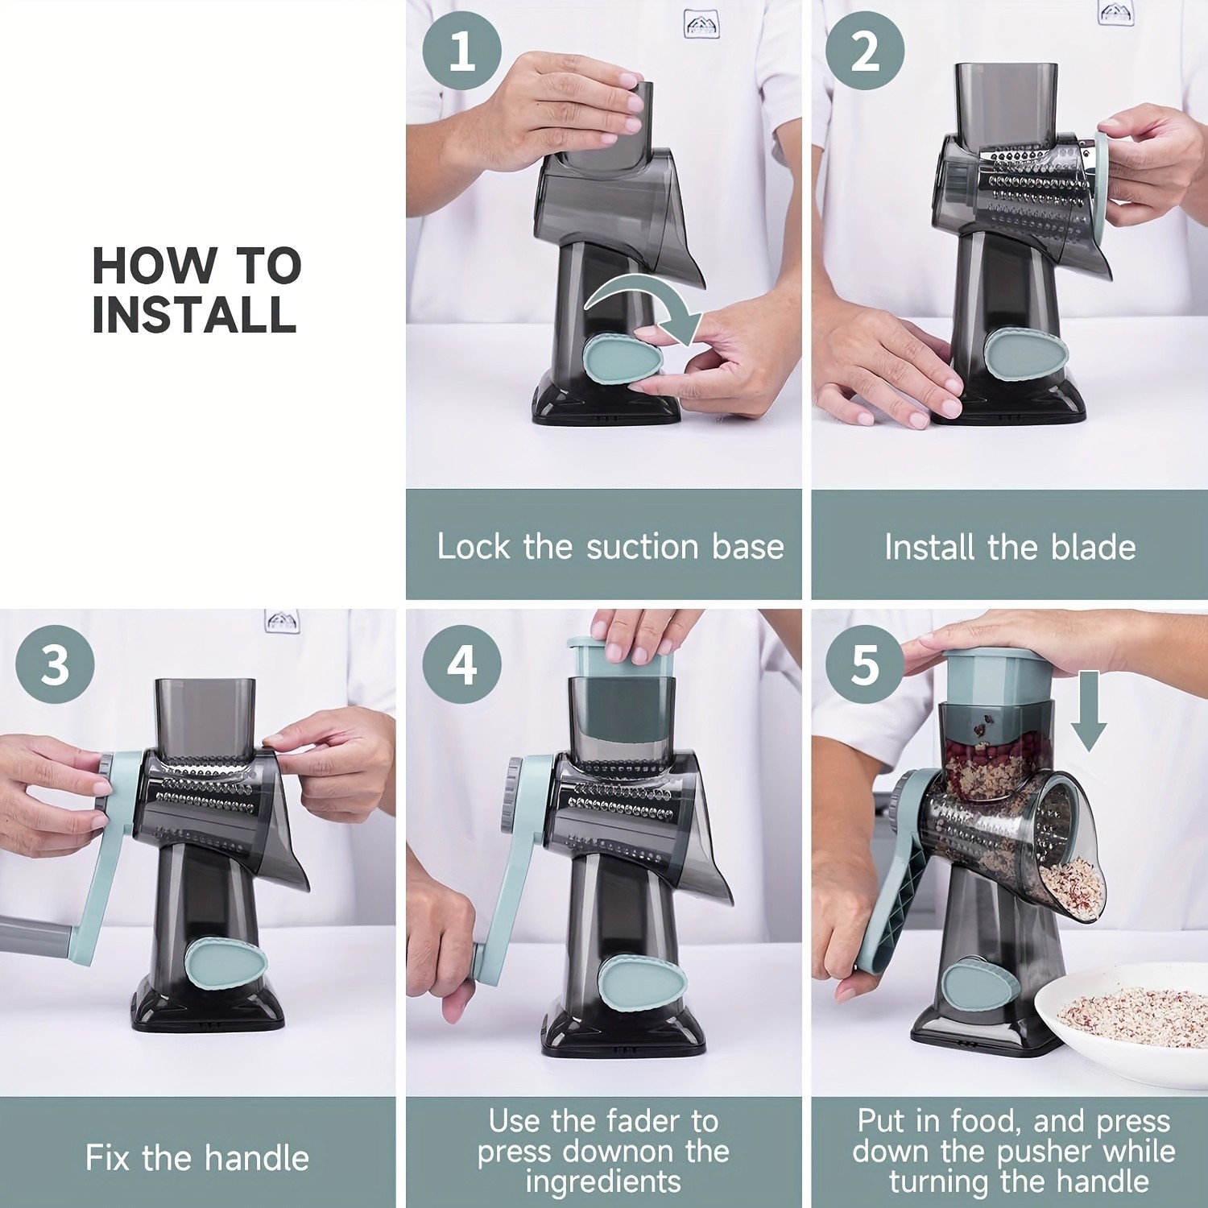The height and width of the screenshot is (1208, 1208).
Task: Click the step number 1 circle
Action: [x=461, y=50]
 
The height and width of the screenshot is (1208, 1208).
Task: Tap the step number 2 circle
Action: [x=865, y=50]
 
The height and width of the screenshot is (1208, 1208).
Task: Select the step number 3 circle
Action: [x=55, y=665]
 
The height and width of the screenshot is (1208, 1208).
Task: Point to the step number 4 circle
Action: [x=461, y=665]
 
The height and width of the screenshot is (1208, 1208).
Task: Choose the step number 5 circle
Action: [x=865, y=665]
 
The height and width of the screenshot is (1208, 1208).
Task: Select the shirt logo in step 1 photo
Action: [x=701, y=24]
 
